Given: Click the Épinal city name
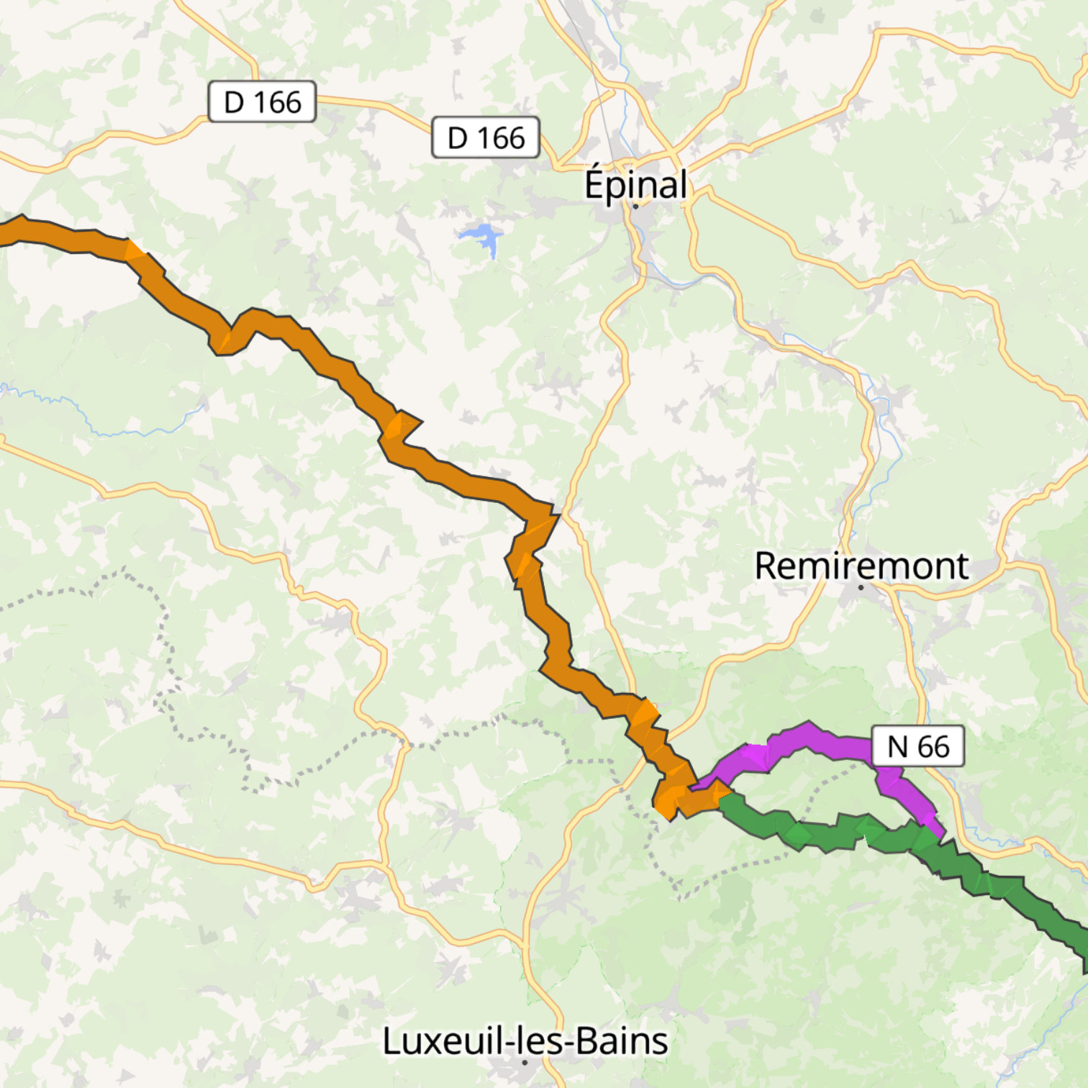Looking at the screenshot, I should pyautogui.click(x=635, y=184).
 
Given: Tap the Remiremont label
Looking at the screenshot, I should pyautogui.click(x=861, y=566).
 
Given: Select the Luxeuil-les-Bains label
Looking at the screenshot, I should pyautogui.click(x=525, y=1041).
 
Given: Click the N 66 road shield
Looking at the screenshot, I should pyautogui.click(x=917, y=746).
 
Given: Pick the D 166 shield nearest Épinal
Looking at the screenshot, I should pyautogui.click(x=486, y=137).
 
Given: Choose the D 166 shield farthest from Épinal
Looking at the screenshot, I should pyautogui.click(x=262, y=101).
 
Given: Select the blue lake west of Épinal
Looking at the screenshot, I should pyautogui.click(x=481, y=236).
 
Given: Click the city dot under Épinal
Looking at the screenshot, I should pyautogui.click(x=635, y=206).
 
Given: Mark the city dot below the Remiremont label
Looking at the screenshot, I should pyautogui.click(x=861, y=587).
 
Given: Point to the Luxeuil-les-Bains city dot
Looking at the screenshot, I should pyautogui.click(x=525, y=1062).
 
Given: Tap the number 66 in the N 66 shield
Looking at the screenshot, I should pyautogui.click(x=933, y=746).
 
